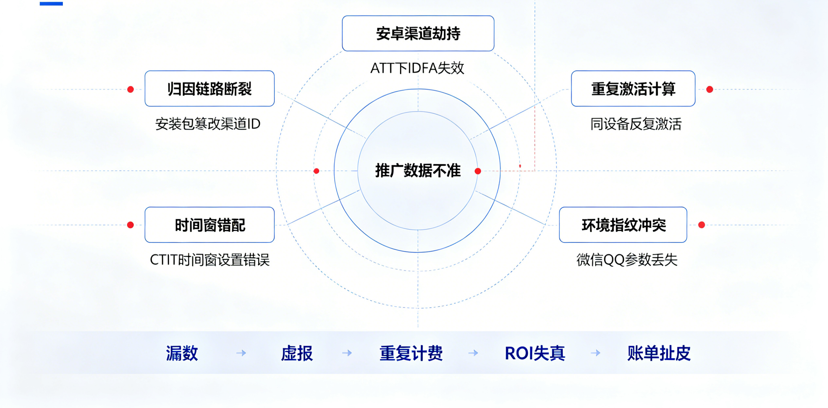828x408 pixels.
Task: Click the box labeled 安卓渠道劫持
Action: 418,33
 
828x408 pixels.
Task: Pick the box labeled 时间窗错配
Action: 210,225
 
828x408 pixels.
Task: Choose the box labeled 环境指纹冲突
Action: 623,225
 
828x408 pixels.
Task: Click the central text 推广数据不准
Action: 418,170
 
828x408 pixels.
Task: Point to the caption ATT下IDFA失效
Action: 417,68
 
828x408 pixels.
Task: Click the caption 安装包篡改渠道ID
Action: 208,124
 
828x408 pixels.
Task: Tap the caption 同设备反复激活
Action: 636,124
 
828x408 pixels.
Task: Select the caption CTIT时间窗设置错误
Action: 210,260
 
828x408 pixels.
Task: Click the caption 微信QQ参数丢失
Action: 627,260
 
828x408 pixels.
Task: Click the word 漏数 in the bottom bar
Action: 182,353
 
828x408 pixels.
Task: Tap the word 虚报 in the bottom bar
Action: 297,353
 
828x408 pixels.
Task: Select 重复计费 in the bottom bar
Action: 411,353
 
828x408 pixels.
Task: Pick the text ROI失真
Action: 535,353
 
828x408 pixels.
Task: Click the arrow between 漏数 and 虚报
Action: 241,353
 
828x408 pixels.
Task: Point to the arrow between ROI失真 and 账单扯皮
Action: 596,353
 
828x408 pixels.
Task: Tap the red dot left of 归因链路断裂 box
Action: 130,89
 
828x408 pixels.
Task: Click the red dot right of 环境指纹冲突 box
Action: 702,225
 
